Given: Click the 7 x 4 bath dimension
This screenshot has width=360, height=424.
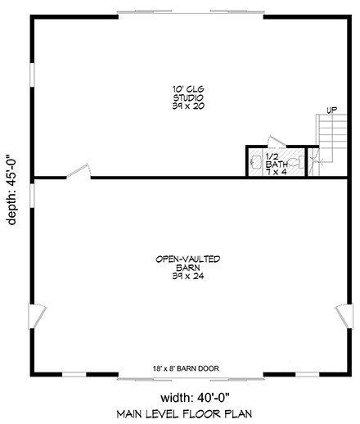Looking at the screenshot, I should pos(275,172).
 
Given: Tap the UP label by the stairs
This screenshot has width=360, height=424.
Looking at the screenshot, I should pos(331,110).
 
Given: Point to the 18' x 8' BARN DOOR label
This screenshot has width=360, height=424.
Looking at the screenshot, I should pos(185,368).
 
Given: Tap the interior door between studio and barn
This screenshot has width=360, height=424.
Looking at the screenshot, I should pos(78,170).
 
